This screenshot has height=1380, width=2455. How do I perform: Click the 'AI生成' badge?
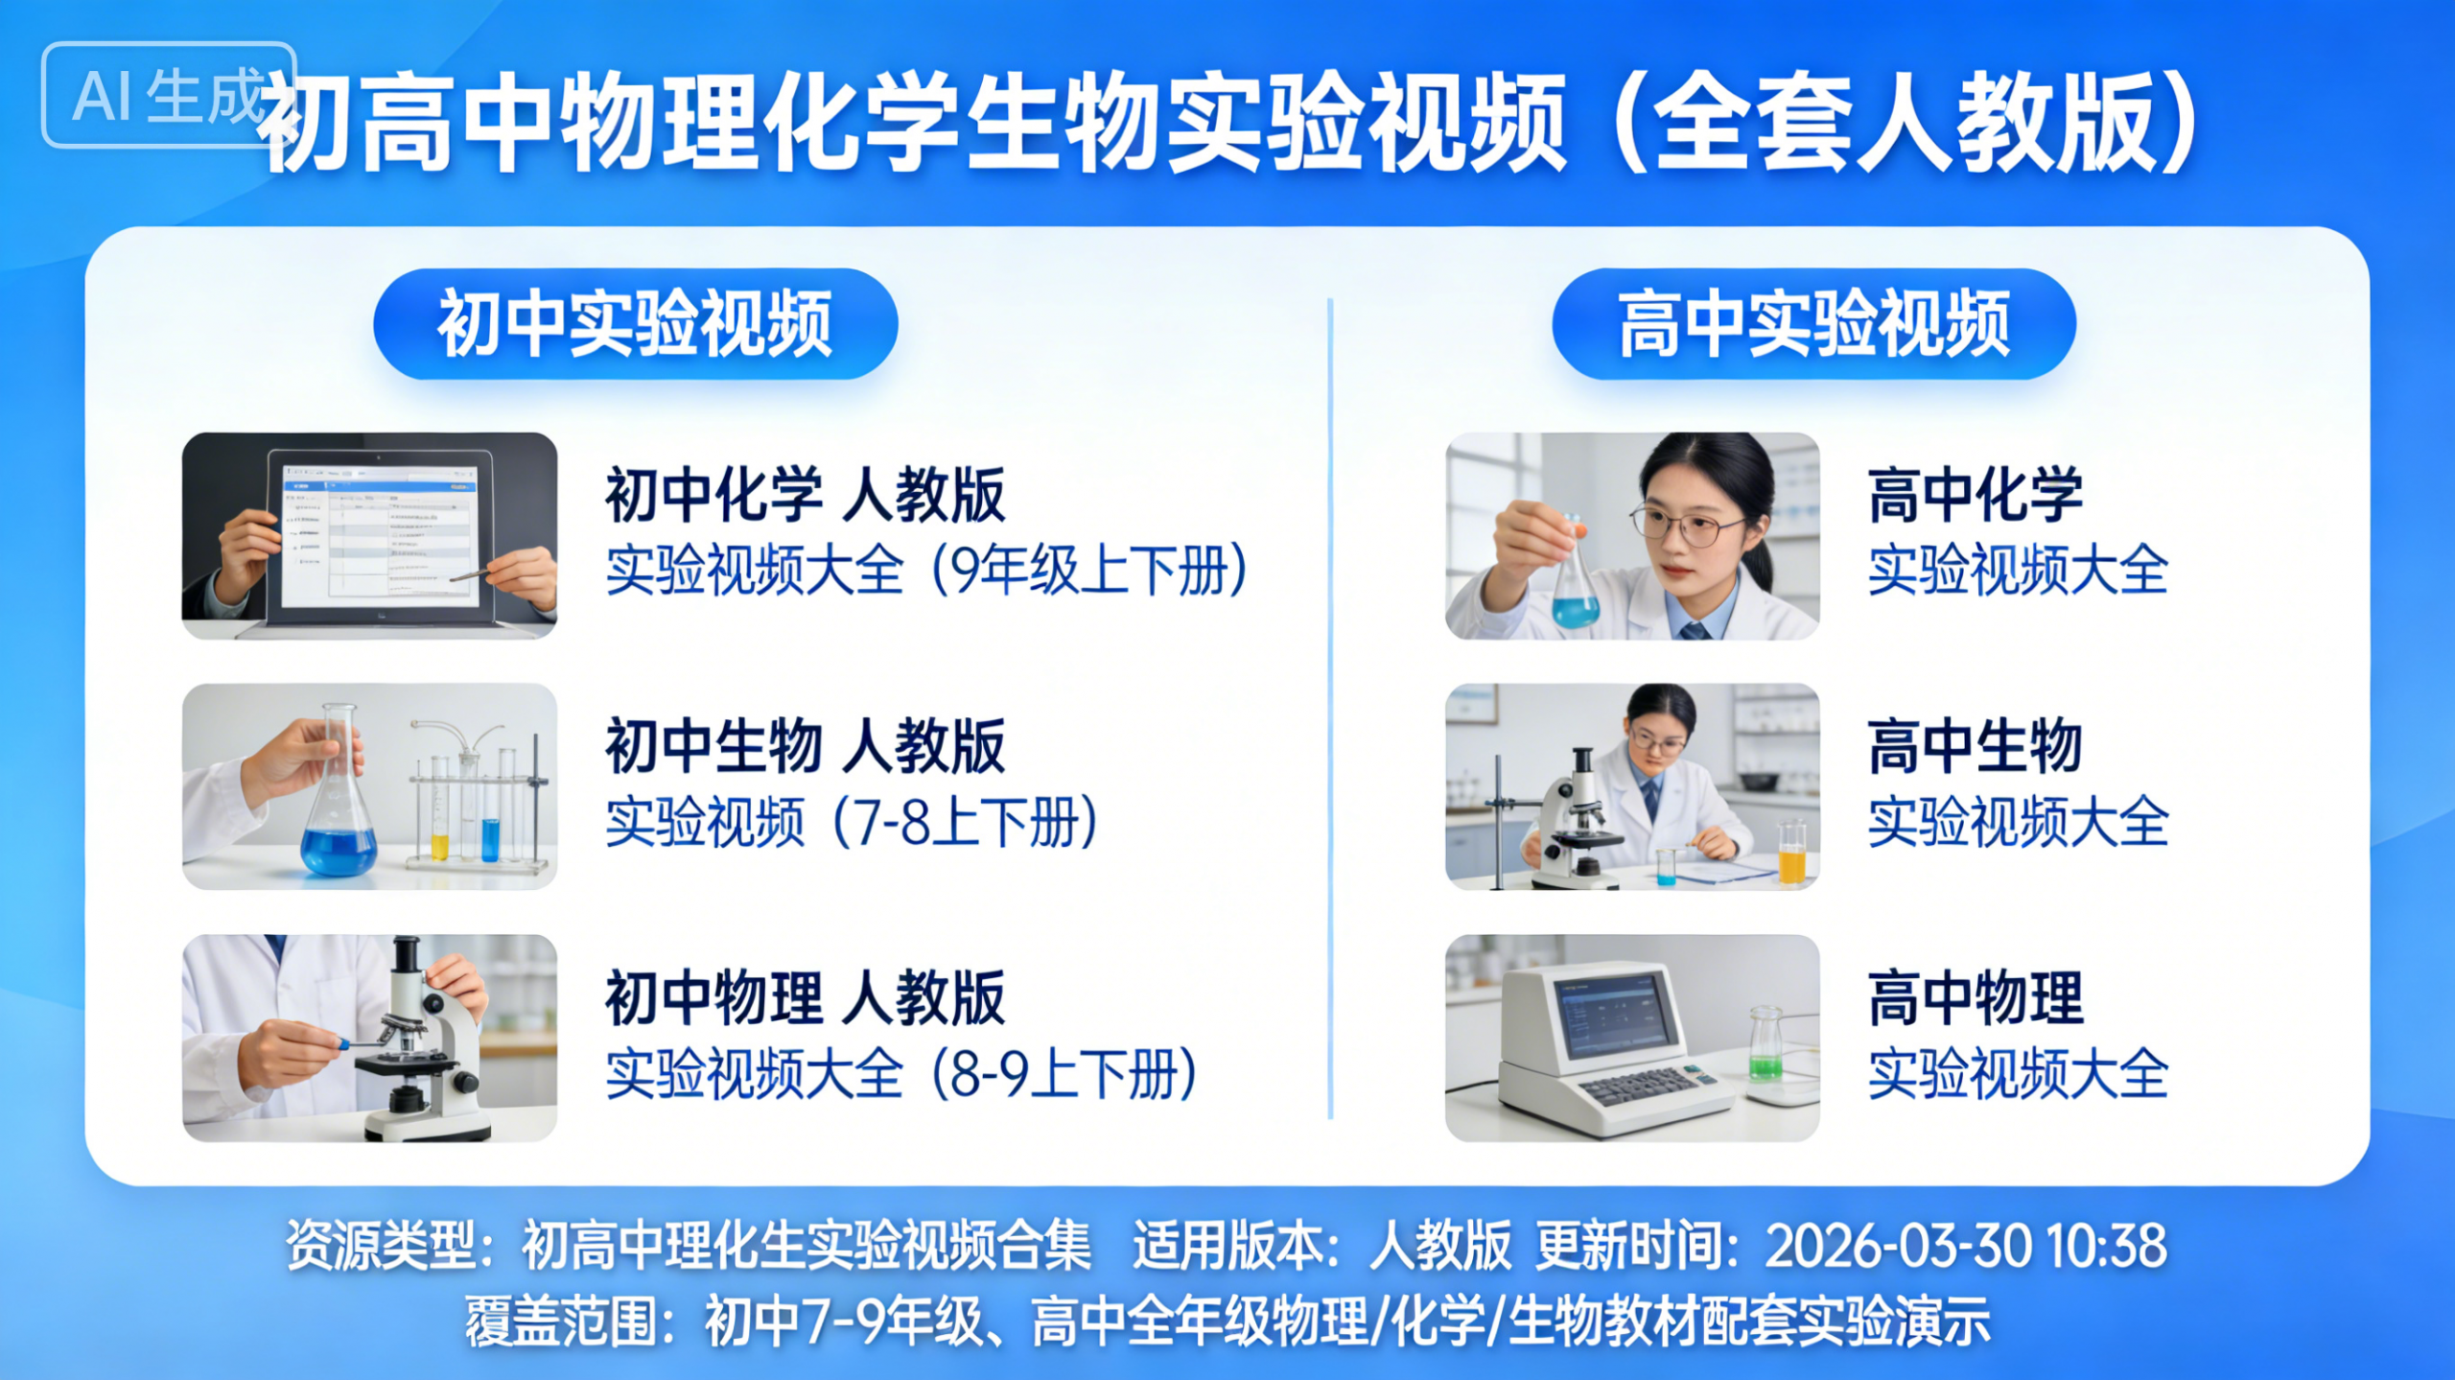point(169,95)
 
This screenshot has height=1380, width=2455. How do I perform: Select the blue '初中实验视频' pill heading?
point(635,324)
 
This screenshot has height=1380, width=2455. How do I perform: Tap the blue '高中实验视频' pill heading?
point(1813,324)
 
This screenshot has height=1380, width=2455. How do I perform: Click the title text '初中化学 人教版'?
point(805,495)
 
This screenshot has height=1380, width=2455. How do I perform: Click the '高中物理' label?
point(1976,998)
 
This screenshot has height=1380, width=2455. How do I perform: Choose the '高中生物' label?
point(1976,746)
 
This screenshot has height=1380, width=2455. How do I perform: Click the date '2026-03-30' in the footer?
point(1899,1246)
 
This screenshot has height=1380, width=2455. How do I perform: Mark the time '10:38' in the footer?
point(2107,1246)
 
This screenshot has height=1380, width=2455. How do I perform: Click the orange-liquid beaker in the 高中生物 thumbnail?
point(1791,853)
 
